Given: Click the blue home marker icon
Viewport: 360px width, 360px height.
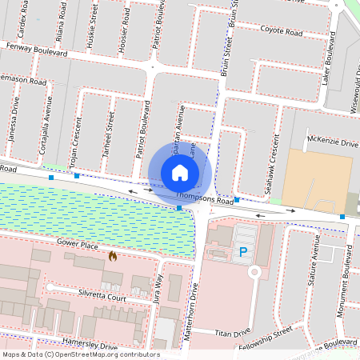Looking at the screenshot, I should [179, 173].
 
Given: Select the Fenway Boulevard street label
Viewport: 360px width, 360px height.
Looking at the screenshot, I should [36, 49].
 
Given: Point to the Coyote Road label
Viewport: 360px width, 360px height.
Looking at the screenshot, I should [281, 32].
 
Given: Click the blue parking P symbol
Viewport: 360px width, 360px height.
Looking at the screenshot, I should [243, 253].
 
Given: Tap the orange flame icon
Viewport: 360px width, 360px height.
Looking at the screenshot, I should [113, 257].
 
